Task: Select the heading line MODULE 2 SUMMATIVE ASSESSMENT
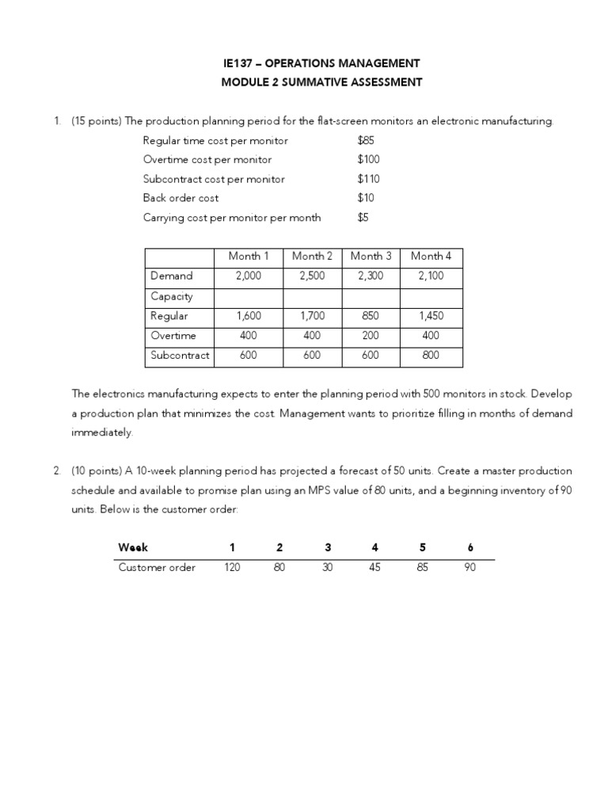pyautogui.click(x=321, y=82)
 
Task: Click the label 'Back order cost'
pyautogui.click(x=180, y=198)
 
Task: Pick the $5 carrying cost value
pyautogui.click(x=363, y=217)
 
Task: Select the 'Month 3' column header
pyautogui.click(x=370, y=256)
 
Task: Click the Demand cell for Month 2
pyautogui.click(x=312, y=276)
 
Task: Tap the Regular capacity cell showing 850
pyautogui.click(x=370, y=315)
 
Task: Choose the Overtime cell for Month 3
pyautogui.click(x=370, y=335)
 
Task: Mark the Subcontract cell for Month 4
pyautogui.click(x=431, y=355)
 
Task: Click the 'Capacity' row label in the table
pyautogui.click(x=171, y=296)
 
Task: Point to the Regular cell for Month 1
pyautogui.click(x=249, y=315)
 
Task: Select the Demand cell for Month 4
pyautogui.click(x=431, y=276)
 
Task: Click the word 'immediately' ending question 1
pyautogui.click(x=102, y=432)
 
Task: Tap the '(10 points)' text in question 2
pyautogui.click(x=96, y=470)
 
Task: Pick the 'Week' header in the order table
pyautogui.click(x=132, y=547)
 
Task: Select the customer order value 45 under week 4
pyautogui.click(x=375, y=567)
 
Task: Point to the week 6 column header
pyautogui.click(x=470, y=547)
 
